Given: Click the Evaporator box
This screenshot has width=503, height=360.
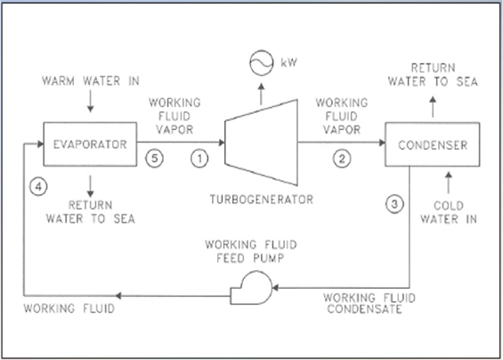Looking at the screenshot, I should point(90,143).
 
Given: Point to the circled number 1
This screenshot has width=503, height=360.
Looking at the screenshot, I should point(200,160).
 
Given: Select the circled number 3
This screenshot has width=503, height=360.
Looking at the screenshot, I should point(395,202).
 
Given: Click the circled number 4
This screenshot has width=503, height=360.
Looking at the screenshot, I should point(37,187).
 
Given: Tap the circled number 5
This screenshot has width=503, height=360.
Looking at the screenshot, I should point(153,160).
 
